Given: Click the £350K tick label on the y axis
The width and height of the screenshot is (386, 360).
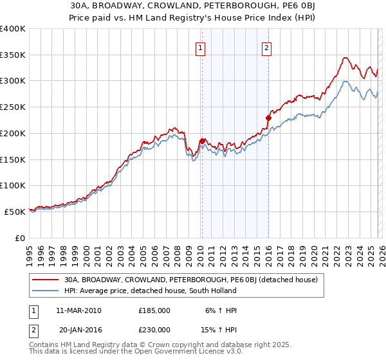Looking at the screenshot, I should click(13, 55).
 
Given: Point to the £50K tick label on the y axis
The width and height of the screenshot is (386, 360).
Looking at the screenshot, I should click(15, 211).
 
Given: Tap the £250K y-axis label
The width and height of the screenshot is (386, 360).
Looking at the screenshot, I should click(13, 107).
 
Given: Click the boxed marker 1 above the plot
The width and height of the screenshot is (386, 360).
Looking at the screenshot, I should click(201, 47).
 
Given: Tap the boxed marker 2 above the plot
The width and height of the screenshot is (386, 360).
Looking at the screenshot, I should click(266, 47).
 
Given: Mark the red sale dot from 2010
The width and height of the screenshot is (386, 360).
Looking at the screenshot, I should click(202, 141).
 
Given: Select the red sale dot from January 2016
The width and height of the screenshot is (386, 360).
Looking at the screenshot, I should click(269, 118).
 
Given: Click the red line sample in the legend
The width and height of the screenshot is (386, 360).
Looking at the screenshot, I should click(46, 280).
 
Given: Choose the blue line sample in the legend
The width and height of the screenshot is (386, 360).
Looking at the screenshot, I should click(46, 291).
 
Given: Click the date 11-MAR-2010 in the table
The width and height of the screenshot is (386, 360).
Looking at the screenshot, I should click(78, 310).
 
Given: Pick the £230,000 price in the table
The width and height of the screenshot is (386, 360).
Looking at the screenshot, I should click(154, 329).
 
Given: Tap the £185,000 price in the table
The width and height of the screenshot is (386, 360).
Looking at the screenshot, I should click(154, 310).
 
